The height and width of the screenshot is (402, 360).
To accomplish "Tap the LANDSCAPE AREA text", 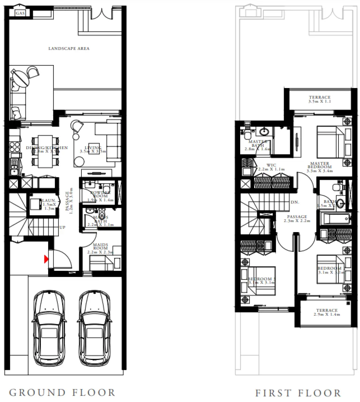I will tap(69, 48).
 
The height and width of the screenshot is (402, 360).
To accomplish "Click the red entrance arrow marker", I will tap(46, 259).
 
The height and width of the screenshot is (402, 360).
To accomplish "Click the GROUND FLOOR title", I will tap(62, 393).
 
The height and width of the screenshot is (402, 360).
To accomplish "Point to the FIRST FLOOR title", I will tap(298, 393).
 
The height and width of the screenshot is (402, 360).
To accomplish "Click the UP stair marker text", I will tap(62, 227).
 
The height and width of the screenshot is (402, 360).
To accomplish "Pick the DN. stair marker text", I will tap(295, 202).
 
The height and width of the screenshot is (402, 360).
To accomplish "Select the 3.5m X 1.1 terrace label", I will tap(319, 99).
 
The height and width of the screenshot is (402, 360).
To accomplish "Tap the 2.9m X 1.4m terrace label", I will tap(327, 312).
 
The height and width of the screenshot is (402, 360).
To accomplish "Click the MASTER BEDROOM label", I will tap(319, 167).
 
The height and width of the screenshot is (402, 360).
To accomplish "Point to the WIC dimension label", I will tap(271, 167).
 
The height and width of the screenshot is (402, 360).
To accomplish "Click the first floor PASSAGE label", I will tap(297, 219).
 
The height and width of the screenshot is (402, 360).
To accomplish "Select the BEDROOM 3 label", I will tap(262, 281).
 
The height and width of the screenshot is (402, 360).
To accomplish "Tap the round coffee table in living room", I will tap(79, 161).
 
